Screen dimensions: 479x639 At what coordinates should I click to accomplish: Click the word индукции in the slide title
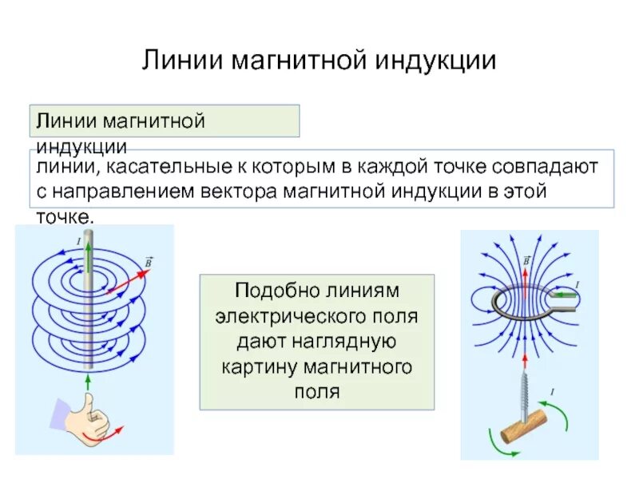pos(435,61)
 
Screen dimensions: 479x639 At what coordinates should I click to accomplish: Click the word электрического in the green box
pos(316,315)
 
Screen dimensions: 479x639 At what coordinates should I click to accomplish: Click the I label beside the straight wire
pos(79,240)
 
